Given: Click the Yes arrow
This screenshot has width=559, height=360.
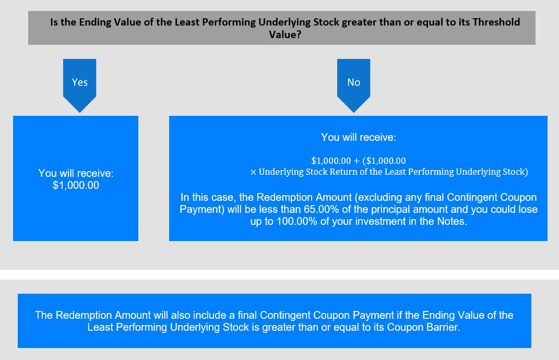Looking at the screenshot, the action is (x=79, y=86).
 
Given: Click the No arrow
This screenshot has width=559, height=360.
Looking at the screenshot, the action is (x=354, y=86).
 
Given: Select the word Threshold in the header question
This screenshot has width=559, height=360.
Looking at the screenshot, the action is (x=496, y=22).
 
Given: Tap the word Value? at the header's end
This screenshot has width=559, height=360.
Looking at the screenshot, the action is (x=285, y=34).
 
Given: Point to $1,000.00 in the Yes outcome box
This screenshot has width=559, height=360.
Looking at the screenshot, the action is (x=76, y=185).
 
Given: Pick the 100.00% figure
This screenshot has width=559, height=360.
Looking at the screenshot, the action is (x=296, y=221).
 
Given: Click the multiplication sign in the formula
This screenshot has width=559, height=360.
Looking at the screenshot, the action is (x=253, y=172).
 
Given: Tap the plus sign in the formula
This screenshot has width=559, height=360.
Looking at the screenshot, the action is (x=356, y=161).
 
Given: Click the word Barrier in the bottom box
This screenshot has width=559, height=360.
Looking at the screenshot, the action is (x=443, y=327).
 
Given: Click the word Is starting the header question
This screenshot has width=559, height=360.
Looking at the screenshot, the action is (x=54, y=22).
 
